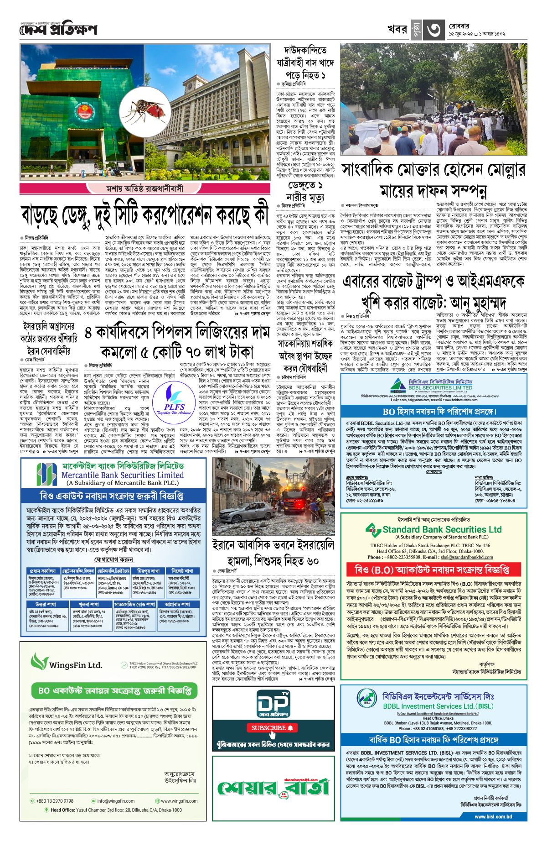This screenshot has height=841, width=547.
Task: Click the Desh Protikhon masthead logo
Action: tap(58, 30)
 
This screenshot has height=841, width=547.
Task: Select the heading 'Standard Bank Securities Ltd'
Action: tap(442, 529)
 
